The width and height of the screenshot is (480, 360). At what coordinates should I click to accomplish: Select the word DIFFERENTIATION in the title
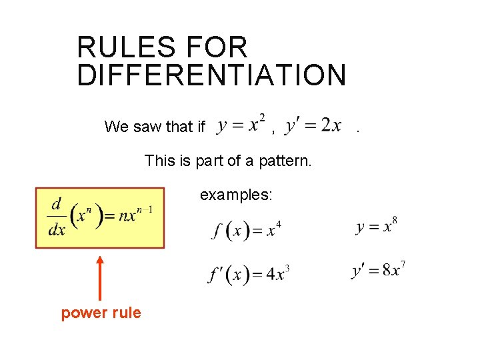pos(211,75)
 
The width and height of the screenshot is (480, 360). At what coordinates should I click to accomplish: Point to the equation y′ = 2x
pos(313,125)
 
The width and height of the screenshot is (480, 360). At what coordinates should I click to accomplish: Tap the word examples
pos(231,195)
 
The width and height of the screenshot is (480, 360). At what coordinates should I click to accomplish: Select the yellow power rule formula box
pos(100,218)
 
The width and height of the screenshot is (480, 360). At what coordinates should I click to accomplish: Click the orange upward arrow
pos(100,276)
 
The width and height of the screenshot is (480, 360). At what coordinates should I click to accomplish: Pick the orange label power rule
pos(101,313)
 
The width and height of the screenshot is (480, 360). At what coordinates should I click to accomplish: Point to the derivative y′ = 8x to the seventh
pos(378,271)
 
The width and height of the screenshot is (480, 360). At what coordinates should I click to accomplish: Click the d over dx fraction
pos(57,217)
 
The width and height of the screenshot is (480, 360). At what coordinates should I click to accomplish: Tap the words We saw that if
pos(155,126)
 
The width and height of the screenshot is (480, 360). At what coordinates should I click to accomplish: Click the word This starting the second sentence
pos(160,161)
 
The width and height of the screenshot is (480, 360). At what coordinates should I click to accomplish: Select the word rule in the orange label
pos(127,313)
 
